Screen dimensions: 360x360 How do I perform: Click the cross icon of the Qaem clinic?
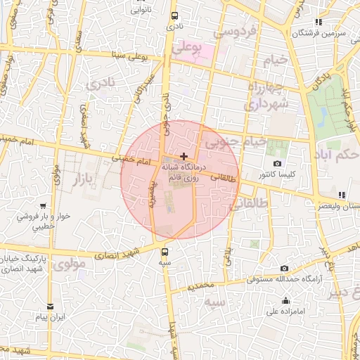(184, 157)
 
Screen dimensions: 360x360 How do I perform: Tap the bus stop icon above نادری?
(174, 15)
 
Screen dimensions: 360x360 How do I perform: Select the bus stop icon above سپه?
(165, 252)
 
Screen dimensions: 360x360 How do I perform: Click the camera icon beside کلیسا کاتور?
(278, 164)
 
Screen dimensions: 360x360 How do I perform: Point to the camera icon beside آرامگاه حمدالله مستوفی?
(284, 269)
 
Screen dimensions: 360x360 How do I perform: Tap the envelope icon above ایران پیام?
(51, 307)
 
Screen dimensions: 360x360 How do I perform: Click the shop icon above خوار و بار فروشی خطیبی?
(44, 206)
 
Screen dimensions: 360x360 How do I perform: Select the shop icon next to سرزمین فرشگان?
(320, 22)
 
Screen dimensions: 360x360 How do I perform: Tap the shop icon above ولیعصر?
(341, 195)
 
